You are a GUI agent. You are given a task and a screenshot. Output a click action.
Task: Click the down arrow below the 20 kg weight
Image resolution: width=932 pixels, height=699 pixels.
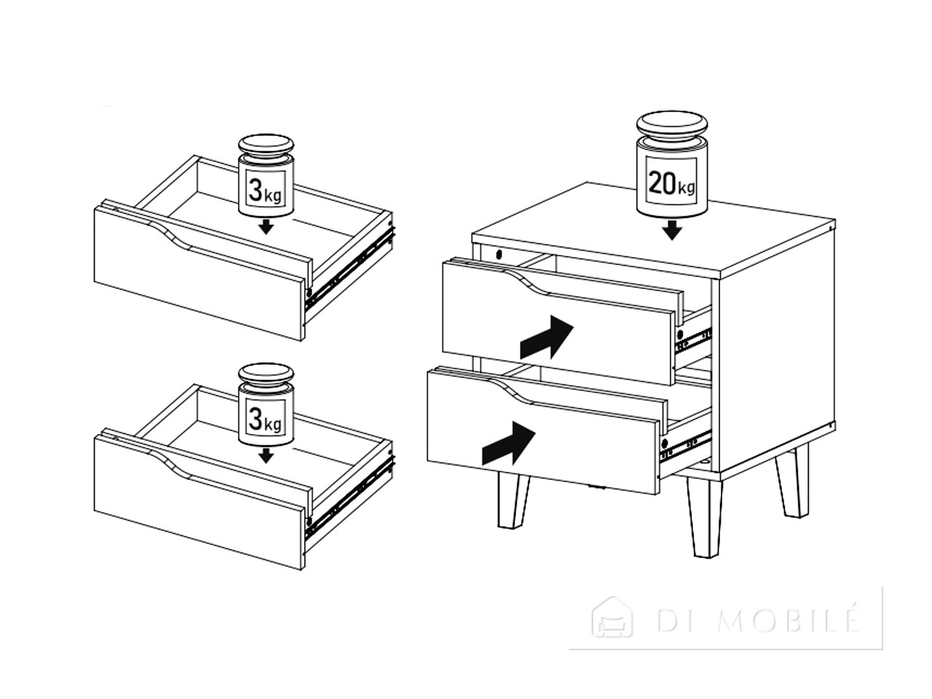tap(671, 230)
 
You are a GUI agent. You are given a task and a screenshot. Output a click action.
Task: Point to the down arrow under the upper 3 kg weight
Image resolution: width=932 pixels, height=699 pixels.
tap(266, 227)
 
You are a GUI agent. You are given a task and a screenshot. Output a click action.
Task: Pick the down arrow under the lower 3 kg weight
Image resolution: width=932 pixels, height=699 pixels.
tap(266, 456)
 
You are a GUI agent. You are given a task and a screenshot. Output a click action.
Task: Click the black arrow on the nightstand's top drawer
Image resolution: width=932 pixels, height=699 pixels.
tap(547, 336)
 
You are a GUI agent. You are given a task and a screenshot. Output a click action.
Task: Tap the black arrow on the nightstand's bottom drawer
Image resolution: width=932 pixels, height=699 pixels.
tap(508, 443)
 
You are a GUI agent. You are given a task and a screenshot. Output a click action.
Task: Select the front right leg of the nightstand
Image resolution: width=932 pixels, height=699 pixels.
tap(704, 518)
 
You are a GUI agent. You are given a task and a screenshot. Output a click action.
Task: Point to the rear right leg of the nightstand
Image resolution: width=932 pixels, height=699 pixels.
tap(792, 484)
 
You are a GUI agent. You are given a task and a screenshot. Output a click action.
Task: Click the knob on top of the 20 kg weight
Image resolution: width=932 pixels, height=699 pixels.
tap(672, 124)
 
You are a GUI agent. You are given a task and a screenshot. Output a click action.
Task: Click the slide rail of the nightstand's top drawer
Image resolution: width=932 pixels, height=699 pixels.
tap(693, 340)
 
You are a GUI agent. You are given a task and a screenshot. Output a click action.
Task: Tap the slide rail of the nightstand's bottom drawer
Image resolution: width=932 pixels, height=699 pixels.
tap(685, 446)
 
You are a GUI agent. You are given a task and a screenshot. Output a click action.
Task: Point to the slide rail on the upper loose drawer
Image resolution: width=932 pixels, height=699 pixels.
tap(349, 268)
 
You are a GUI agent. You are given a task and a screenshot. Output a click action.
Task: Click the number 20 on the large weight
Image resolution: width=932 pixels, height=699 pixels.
tap(662, 183)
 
